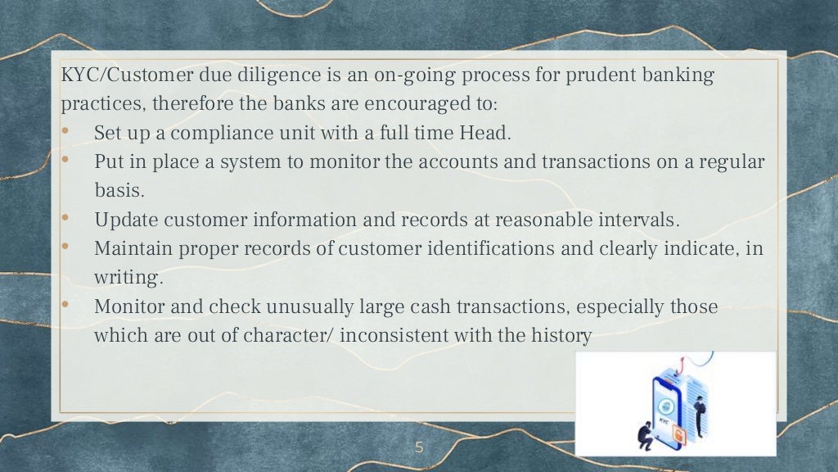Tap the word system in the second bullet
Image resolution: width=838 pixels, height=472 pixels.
pyautogui.click(x=244, y=161)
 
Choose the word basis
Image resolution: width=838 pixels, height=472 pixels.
pyautogui.click(x=119, y=190)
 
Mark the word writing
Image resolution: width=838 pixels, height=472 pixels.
pyautogui.click(x=128, y=278)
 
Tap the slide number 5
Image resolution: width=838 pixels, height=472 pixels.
pyautogui.click(x=420, y=447)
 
